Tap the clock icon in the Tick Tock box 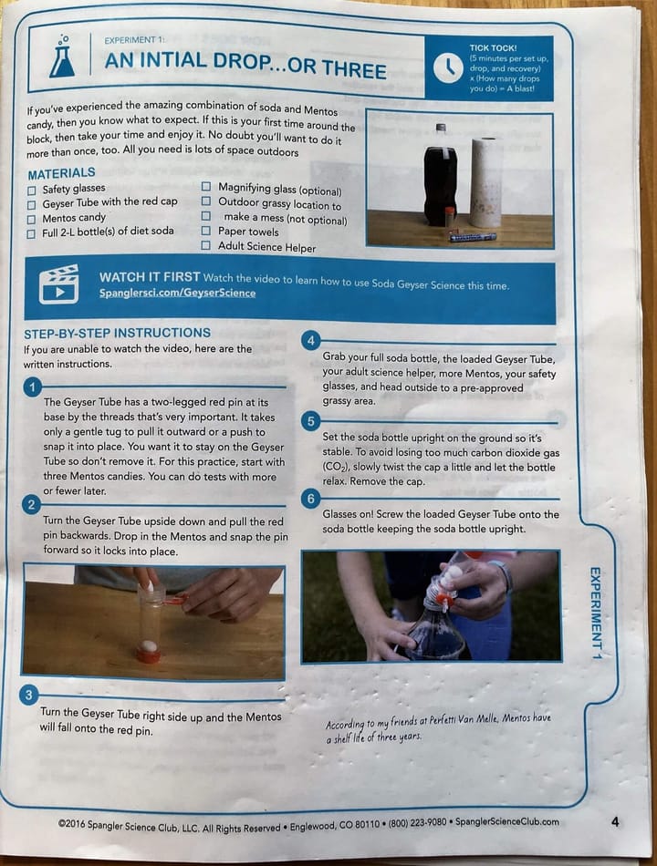(x=448, y=68)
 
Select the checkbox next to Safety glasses (x=32, y=191)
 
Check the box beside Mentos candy (x=32, y=220)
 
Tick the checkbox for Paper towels (x=205, y=231)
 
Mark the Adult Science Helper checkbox (x=205, y=245)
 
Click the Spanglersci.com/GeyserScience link (x=178, y=293)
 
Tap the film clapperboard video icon (x=58, y=284)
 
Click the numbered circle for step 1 (x=33, y=387)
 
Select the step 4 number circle (x=311, y=341)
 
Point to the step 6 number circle (x=311, y=499)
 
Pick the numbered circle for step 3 (x=29, y=695)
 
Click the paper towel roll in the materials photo (x=486, y=182)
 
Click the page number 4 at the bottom (x=615, y=822)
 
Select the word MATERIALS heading (x=61, y=173)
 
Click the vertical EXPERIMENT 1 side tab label (x=595, y=613)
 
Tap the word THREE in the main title (x=354, y=69)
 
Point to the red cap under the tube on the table (x=149, y=655)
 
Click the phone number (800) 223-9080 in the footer (x=417, y=822)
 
